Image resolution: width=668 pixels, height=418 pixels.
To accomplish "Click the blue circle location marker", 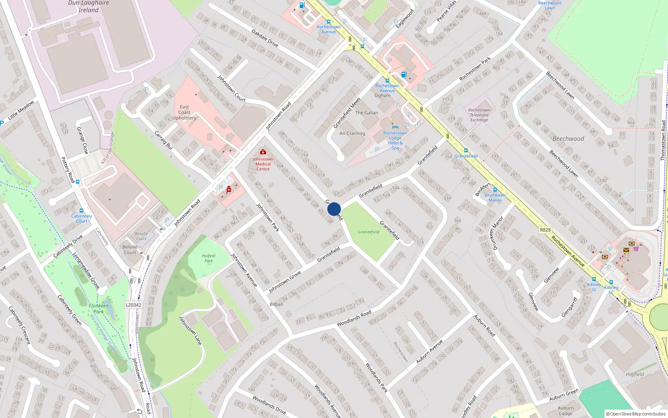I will [x=334, y=209].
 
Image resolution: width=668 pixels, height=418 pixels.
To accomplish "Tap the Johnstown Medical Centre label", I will [x=263, y=164].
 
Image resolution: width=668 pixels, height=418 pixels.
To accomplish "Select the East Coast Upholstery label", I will [x=184, y=112].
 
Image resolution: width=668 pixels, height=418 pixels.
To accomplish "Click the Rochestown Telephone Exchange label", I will [x=479, y=115].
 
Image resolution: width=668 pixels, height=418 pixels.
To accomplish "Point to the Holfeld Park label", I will [x=208, y=258].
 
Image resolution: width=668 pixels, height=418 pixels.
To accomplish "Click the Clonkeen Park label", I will [x=99, y=308].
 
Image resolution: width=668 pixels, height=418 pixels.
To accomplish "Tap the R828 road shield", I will [x=545, y=230].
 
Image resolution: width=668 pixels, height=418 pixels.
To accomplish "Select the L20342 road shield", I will [x=134, y=305].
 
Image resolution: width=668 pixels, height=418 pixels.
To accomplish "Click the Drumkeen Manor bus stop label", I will [x=495, y=197].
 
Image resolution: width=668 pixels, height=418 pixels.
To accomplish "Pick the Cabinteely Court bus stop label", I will [x=81, y=218].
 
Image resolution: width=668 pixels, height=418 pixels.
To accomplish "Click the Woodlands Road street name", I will [x=354, y=319].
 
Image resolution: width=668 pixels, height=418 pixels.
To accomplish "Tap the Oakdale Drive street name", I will [x=265, y=38].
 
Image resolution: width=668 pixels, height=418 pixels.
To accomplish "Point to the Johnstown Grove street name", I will [x=285, y=282].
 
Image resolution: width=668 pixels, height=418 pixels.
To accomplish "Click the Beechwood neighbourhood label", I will [x=568, y=139].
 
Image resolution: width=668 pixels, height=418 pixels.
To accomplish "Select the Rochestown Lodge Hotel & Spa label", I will [x=395, y=140].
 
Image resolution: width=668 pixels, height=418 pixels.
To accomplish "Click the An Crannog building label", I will [x=352, y=133].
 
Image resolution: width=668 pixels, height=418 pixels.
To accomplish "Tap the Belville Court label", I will [x=130, y=250].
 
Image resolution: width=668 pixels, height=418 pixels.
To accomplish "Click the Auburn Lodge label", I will [x=566, y=410].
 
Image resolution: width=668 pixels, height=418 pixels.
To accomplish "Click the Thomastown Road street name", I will [x=663, y=140].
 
